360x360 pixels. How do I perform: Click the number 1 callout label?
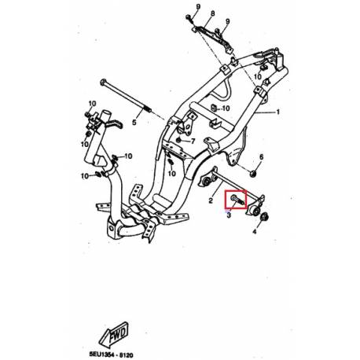277,112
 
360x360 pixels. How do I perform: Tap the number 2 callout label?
211,200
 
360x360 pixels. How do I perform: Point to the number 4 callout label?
255,233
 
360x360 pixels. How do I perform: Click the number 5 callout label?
134,123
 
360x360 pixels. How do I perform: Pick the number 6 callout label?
262,157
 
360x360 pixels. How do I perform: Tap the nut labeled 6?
253,171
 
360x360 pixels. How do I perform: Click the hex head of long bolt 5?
104,82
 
